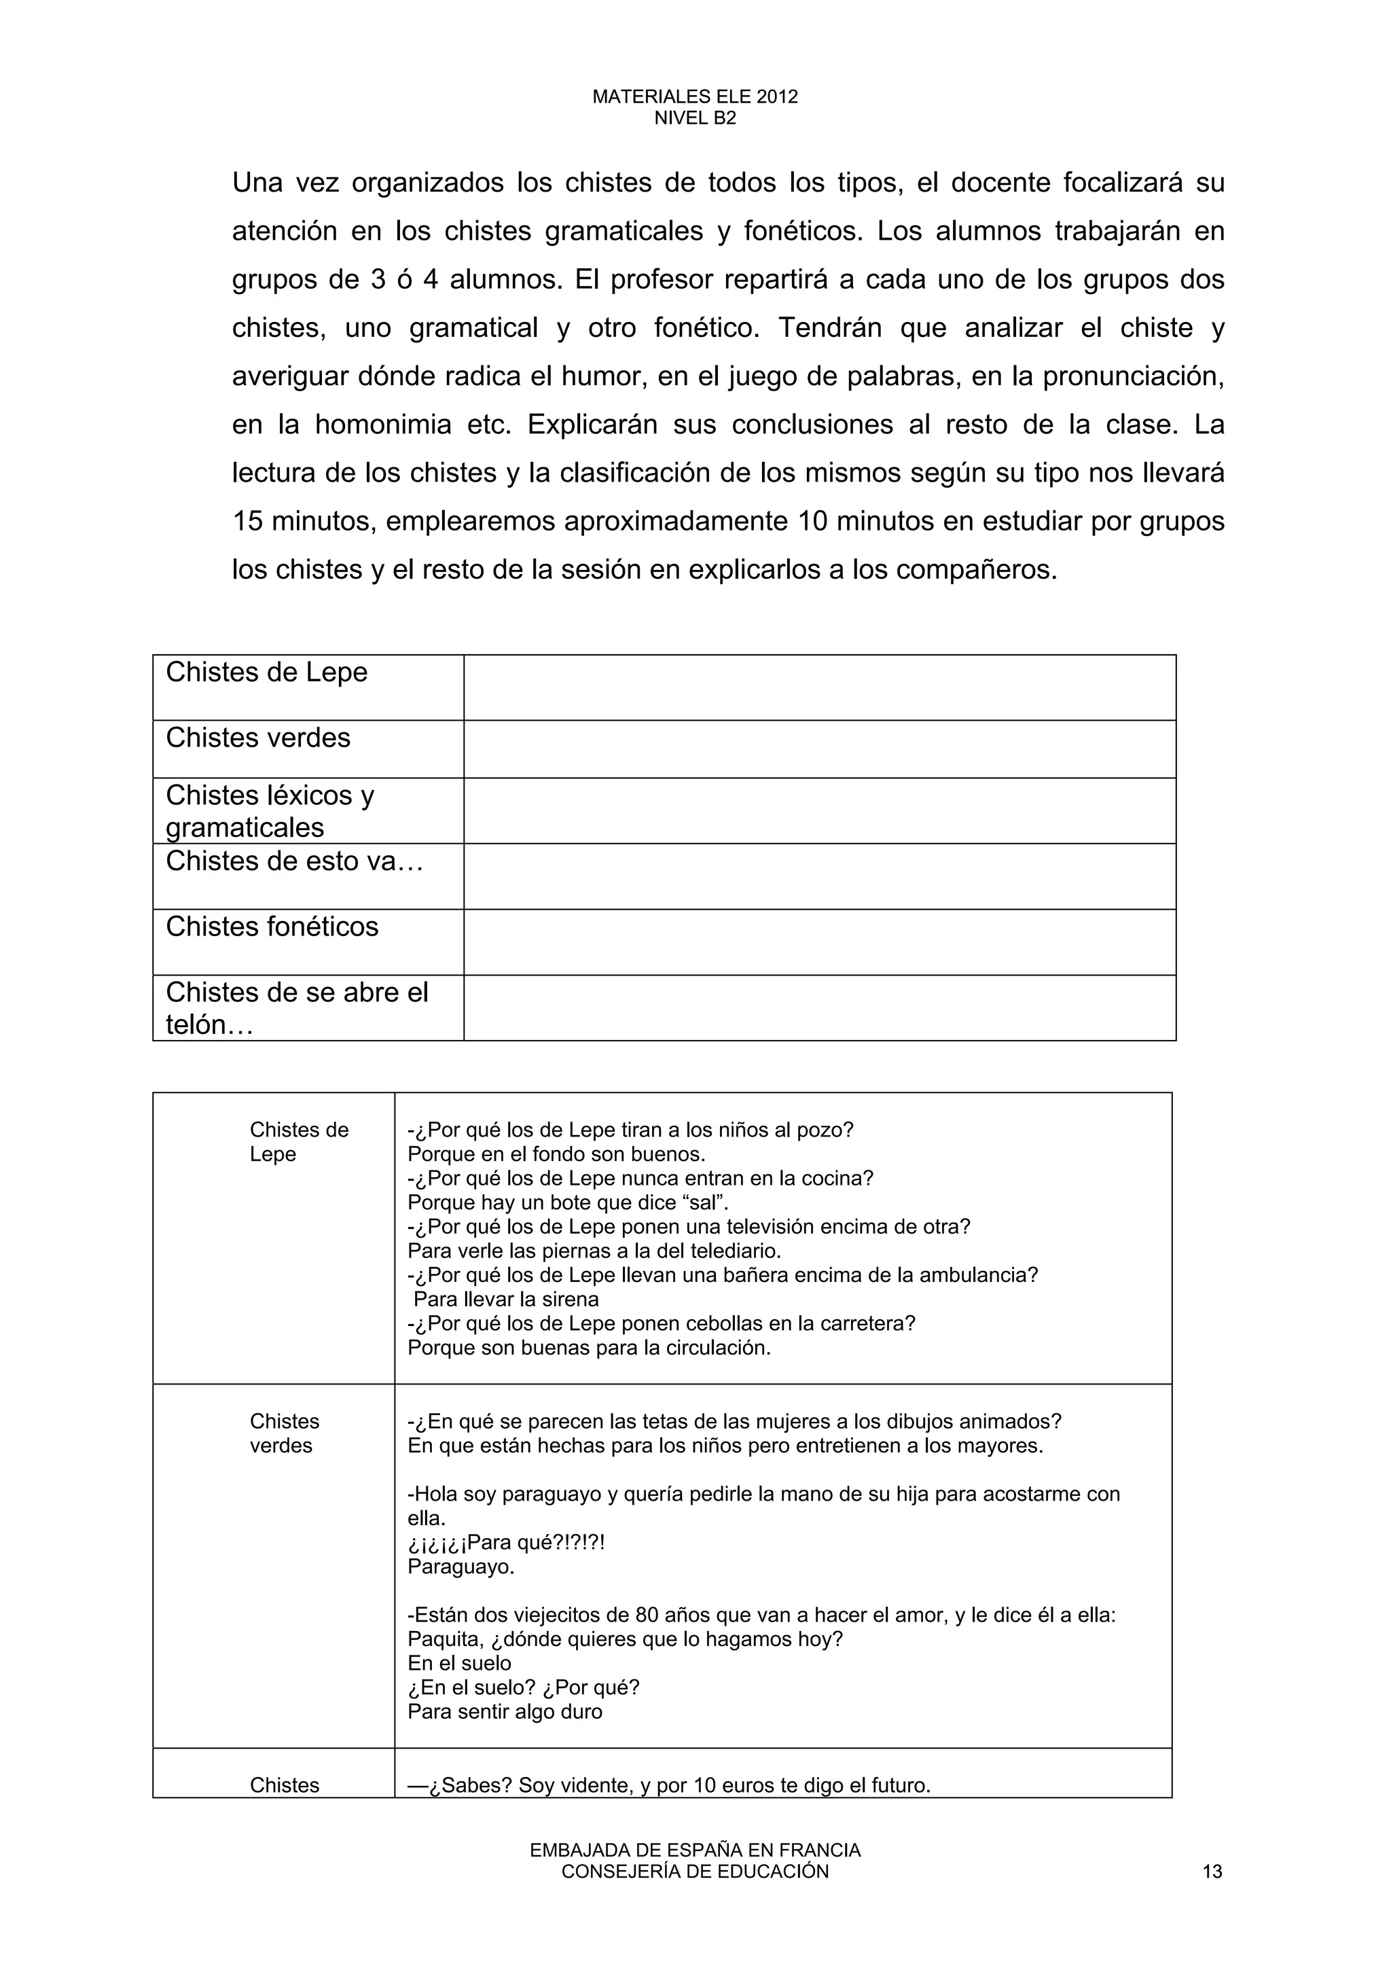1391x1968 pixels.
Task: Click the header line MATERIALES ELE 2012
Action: tap(694, 97)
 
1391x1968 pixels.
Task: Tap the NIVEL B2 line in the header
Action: tap(694, 118)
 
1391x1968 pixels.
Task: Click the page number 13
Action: tap(1212, 1871)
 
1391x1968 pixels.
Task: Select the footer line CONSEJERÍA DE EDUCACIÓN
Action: tap(694, 1871)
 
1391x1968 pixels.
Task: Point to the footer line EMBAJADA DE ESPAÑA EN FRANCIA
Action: tap(694, 1850)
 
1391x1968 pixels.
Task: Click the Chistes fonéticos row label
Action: tap(272, 927)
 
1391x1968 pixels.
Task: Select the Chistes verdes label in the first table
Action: tap(258, 738)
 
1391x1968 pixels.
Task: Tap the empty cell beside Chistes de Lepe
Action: tap(818, 687)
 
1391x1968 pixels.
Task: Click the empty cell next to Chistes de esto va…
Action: tap(818, 876)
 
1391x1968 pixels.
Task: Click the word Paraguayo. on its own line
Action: tap(461, 1567)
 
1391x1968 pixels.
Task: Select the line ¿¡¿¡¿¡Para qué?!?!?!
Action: tap(505, 1543)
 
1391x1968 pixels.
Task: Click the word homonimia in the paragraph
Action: tap(383, 425)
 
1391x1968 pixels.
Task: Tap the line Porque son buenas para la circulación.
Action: tap(589, 1347)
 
